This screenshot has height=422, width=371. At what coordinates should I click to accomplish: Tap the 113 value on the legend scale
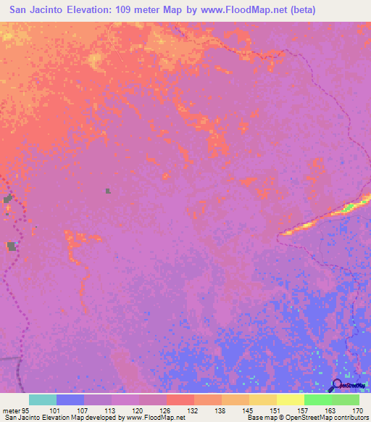tap(111, 410)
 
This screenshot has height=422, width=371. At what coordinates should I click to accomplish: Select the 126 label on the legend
tap(166, 410)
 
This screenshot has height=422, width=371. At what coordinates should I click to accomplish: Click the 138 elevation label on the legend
tap(221, 410)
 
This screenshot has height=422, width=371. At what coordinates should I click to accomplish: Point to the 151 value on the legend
tap(276, 410)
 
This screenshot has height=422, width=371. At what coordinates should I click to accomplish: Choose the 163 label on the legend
tap(331, 410)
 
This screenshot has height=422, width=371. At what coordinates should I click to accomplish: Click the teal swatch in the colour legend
tap(42, 400)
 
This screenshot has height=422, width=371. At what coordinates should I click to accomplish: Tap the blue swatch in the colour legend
tap(70, 400)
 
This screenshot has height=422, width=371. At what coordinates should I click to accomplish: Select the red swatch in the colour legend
tap(180, 400)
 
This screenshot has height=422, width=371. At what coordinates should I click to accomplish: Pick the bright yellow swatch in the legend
tap(290, 400)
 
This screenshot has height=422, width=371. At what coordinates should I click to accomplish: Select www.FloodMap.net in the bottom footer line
tap(153, 418)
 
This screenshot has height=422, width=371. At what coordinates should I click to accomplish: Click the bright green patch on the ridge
tap(349, 207)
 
